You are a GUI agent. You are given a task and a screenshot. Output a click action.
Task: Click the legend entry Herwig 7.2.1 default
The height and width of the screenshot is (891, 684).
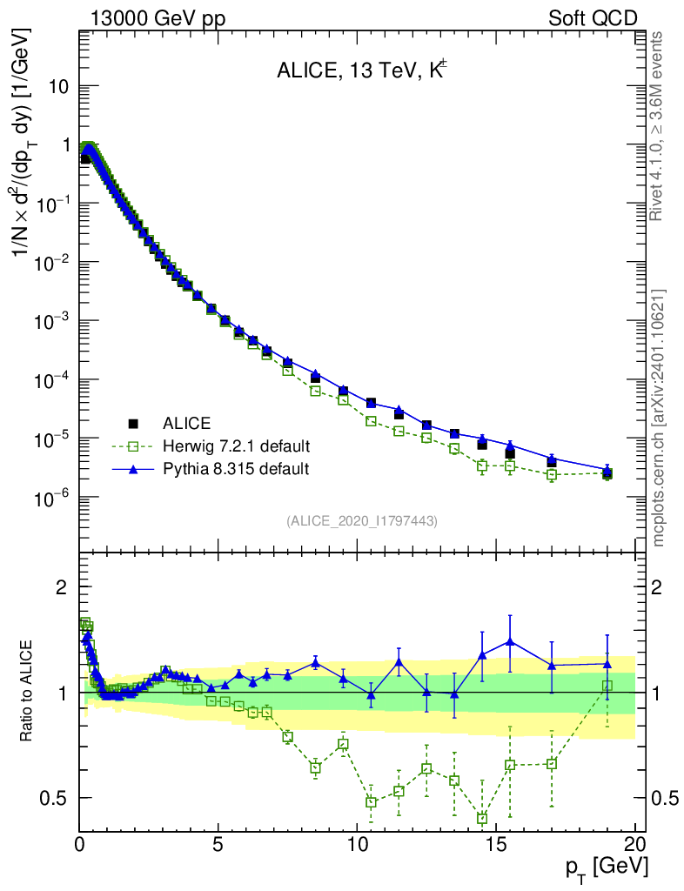[236, 446]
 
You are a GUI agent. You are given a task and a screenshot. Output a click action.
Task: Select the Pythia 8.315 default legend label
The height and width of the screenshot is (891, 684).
[236, 469]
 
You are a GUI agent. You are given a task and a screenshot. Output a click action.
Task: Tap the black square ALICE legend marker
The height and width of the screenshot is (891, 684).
[133, 424]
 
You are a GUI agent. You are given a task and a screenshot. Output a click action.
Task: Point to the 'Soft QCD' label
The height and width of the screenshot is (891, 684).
[593, 18]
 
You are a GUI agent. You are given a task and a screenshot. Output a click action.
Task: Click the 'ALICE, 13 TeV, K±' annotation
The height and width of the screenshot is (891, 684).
[362, 72]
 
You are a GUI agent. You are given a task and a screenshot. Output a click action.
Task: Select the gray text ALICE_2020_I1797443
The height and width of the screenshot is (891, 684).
[362, 520]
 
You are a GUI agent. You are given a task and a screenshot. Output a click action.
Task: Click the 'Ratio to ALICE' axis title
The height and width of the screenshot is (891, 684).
[28, 691]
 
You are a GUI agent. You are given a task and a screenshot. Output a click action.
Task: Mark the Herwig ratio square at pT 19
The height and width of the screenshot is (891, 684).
[607, 686]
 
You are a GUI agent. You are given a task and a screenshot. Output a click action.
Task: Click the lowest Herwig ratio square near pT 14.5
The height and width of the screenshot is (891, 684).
[482, 819]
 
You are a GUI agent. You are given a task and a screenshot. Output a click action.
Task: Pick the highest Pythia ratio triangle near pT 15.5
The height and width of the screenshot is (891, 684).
[510, 642]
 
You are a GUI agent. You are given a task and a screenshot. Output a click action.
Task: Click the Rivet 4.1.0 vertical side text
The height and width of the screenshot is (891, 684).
[659, 126]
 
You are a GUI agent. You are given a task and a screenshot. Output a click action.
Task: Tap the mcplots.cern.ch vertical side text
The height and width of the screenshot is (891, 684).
[659, 418]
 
